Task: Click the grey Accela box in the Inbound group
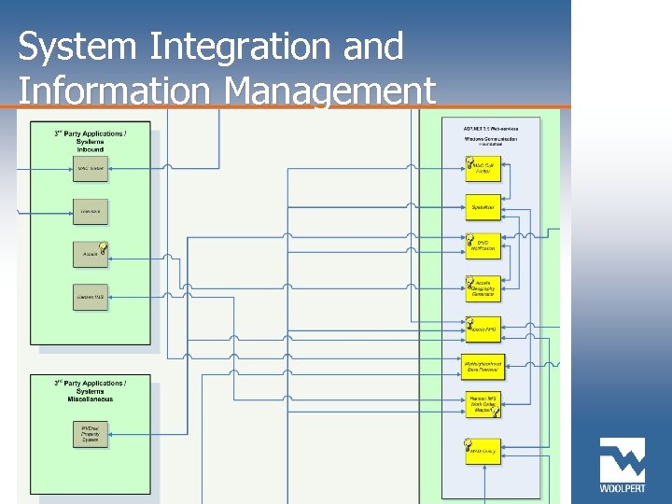pyautogui.click(x=91, y=254)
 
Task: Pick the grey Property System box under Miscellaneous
pyautogui.click(x=91, y=434)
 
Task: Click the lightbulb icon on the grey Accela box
pyautogui.click(x=103, y=247)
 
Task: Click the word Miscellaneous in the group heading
pyautogui.click(x=91, y=399)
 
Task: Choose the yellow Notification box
pyautogui.click(x=483, y=246)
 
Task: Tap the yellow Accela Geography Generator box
pyautogui.click(x=483, y=288)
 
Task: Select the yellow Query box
pyautogui.click(x=483, y=451)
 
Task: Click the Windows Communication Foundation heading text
pyautogui.click(x=490, y=142)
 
